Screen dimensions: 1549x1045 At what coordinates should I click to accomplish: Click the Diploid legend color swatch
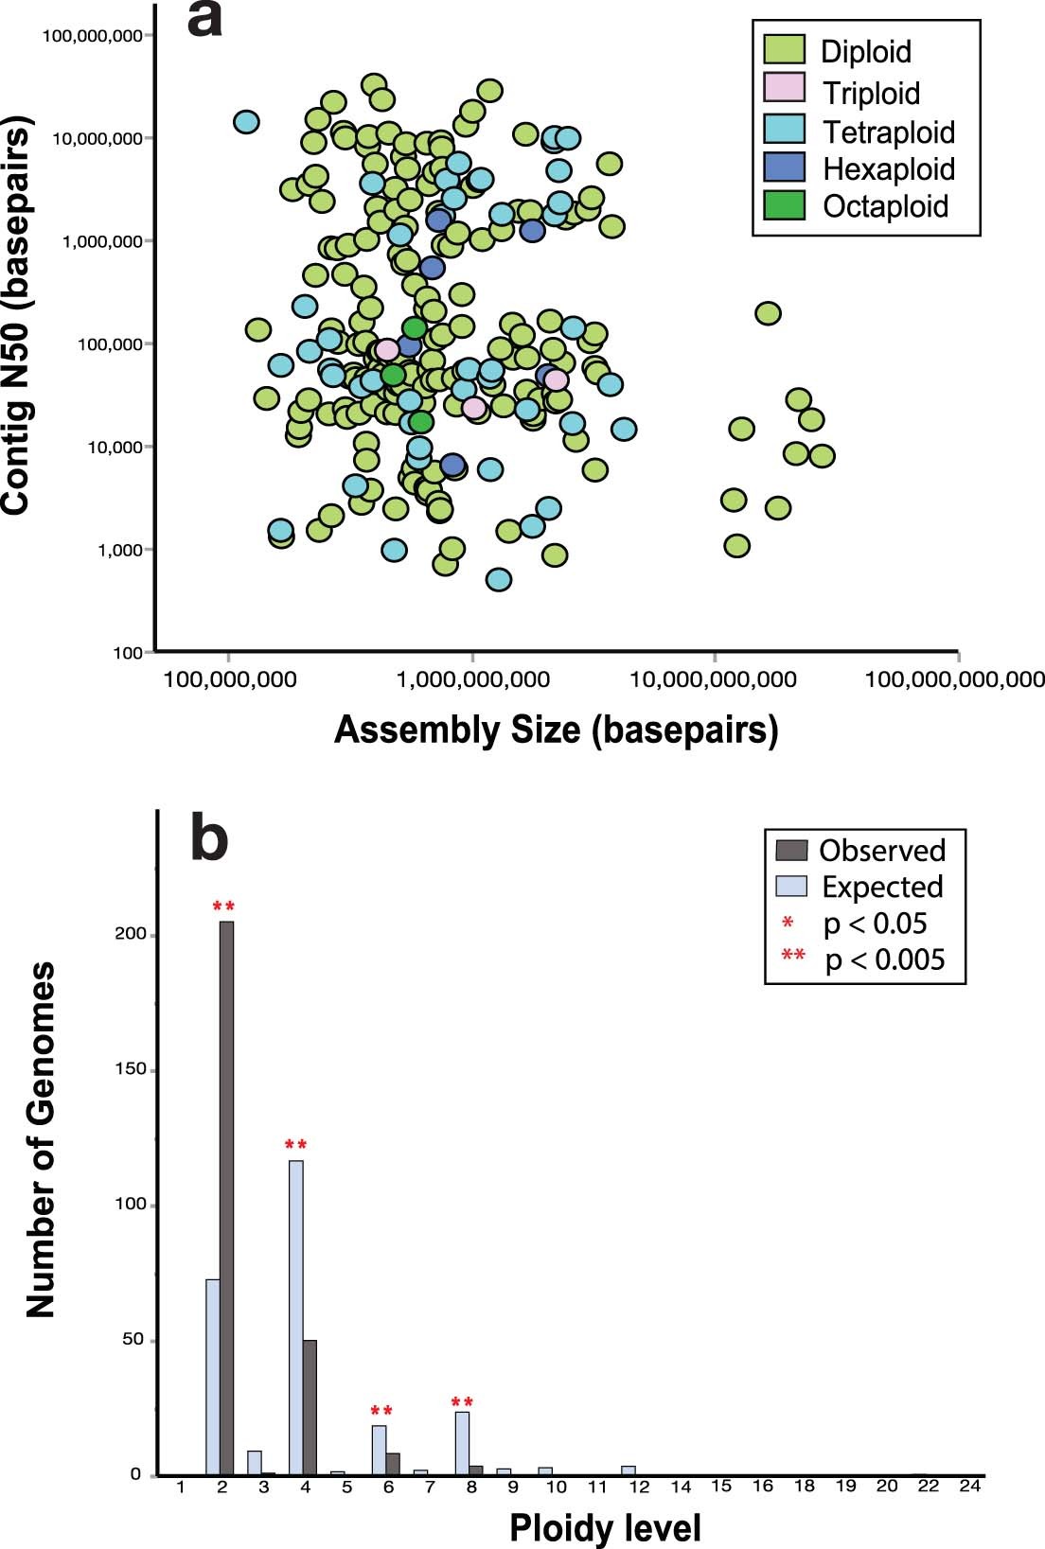[784, 50]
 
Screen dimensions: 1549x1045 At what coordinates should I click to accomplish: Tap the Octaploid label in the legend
[885, 206]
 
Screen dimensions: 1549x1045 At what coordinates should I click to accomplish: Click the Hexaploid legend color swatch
[784, 167]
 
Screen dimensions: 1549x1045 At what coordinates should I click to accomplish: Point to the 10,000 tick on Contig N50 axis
[115, 447]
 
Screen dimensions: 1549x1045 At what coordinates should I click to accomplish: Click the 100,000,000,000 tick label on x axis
[954, 679]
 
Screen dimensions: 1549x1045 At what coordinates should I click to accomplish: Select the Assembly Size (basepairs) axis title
[556, 730]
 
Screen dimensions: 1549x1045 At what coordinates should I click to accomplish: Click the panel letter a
[204, 21]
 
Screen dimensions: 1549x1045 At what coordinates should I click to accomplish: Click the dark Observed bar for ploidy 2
[226, 1197]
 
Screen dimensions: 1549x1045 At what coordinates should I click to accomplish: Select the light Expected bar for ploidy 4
[296, 1317]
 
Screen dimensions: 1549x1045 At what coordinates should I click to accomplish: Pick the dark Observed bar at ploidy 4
[310, 1407]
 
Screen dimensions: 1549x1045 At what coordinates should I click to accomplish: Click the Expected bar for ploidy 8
[463, 1443]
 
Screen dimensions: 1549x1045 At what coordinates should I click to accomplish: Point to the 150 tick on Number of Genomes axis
[125, 1069]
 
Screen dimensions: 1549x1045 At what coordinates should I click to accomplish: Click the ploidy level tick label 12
[640, 1487]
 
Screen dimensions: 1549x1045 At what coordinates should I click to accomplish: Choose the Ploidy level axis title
[605, 1527]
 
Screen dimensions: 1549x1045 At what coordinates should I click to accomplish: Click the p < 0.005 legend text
[884, 959]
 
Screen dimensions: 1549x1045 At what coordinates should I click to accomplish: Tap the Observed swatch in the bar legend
[791, 850]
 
